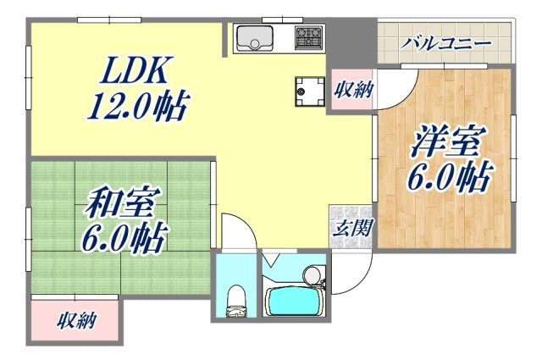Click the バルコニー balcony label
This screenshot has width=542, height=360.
pos(446,42)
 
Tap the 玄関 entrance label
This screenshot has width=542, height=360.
pos(347,227)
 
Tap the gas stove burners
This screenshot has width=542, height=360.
pos(308,37)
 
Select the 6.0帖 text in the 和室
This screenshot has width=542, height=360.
pos(124,236)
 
